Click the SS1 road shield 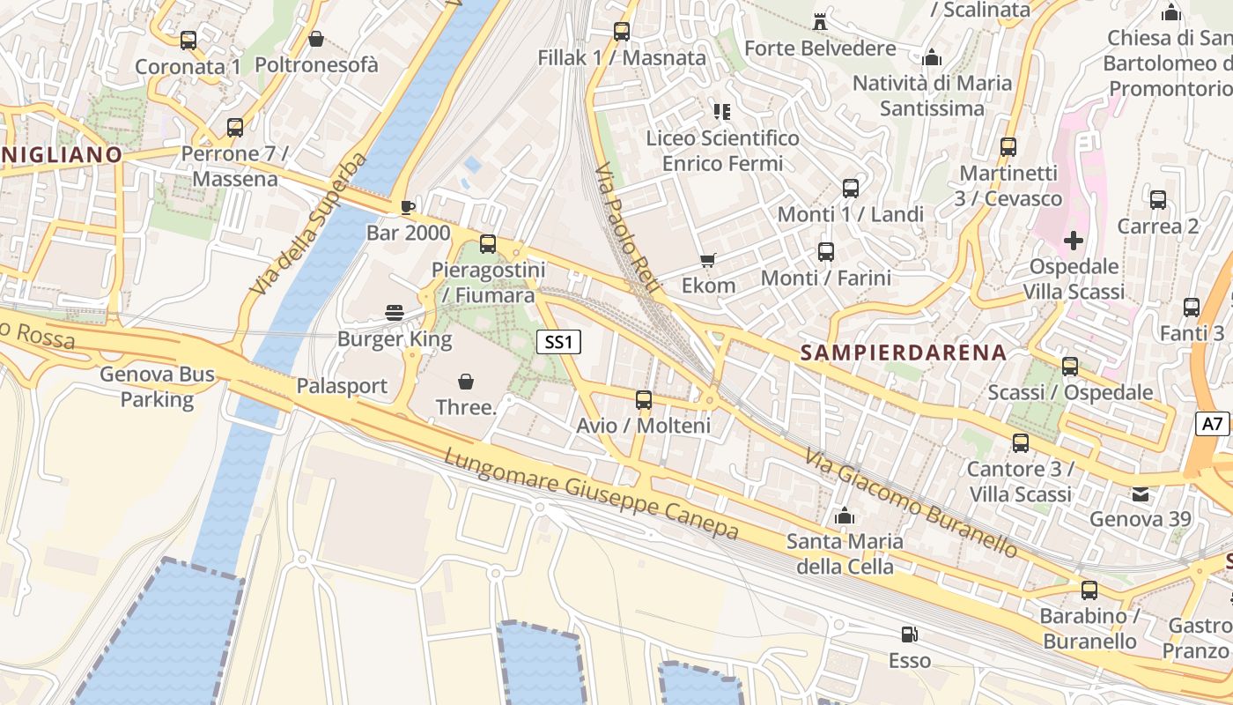pyautogui.click(x=558, y=342)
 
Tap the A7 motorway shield pyautogui.click(x=1213, y=424)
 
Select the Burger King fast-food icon pyautogui.click(x=395, y=313)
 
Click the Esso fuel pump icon pyautogui.click(x=909, y=634)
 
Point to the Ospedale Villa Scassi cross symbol pyautogui.click(x=1073, y=240)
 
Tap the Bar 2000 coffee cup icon pyautogui.click(x=407, y=207)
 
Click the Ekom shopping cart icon pyautogui.click(x=708, y=260)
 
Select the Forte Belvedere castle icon pyautogui.click(x=820, y=21)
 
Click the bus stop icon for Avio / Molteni pyautogui.click(x=644, y=400)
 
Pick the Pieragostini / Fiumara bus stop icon pyautogui.click(x=488, y=244)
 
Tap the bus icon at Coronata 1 pyautogui.click(x=188, y=41)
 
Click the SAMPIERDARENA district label pyautogui.click(x=903, y=352)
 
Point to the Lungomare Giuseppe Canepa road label pyautogui.click(x=591, y=494)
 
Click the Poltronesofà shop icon pyautogui.click(x=316, y=39)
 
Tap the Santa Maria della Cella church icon pyautogui.click(x=845, y=516)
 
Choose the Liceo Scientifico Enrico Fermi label pyautogui.click(x=722, y=151)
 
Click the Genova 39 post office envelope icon pyautogui.click(x=1141, y=493)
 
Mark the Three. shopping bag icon pyautogui.click(x=466, y=381)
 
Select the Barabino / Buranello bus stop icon pyautogui.click(x=1089, y=590)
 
